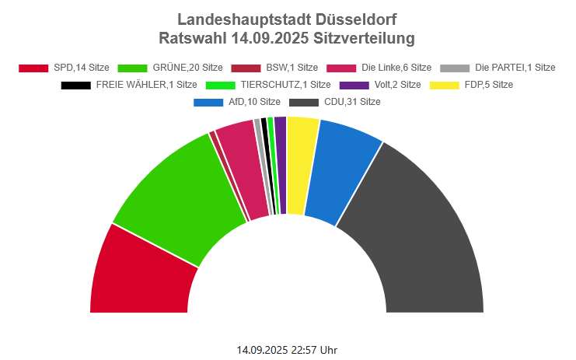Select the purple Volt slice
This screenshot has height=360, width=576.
(x=281, y=163)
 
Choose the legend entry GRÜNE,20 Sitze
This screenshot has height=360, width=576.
(x=174, y=68)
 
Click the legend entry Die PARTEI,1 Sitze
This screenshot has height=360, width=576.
(x=497, y=68)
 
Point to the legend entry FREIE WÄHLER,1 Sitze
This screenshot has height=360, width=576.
(x=128, y=85)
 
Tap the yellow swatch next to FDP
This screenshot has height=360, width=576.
(x=451, y=85)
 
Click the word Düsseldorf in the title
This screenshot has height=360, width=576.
(x=358, y=19)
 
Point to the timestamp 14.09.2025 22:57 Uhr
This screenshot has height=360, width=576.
(x=287, y=350)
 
